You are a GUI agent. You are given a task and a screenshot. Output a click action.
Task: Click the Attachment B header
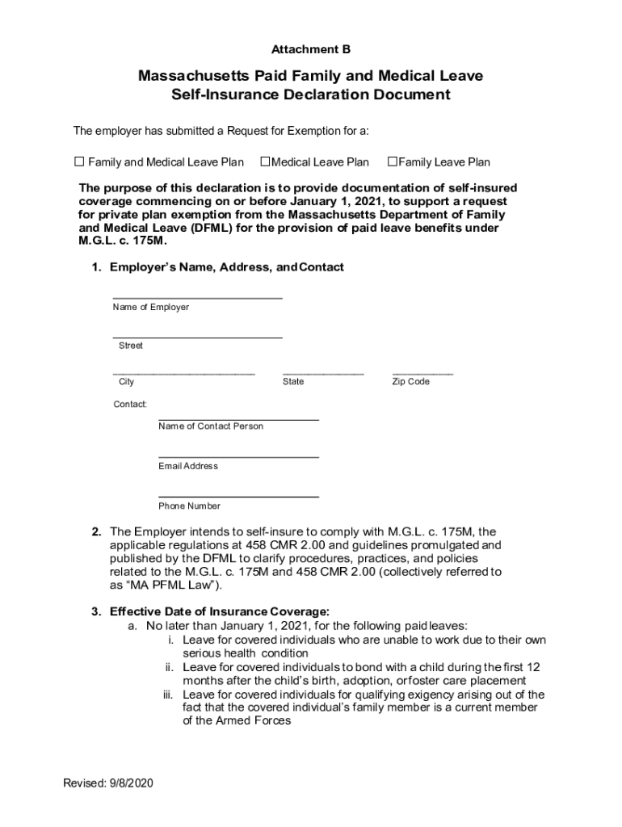click(x=310, y=49)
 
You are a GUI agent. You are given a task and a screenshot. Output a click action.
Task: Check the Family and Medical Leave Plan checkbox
click(x=79, y=162)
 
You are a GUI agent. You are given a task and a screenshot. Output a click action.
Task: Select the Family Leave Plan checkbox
click(x=393, y=162)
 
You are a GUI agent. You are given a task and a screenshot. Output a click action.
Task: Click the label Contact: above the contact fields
click(x=129, y=404)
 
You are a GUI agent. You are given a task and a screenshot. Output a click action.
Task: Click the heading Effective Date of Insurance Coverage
click(x=219, y=611)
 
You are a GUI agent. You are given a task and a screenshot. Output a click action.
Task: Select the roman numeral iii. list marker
click(x=170, y=695)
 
